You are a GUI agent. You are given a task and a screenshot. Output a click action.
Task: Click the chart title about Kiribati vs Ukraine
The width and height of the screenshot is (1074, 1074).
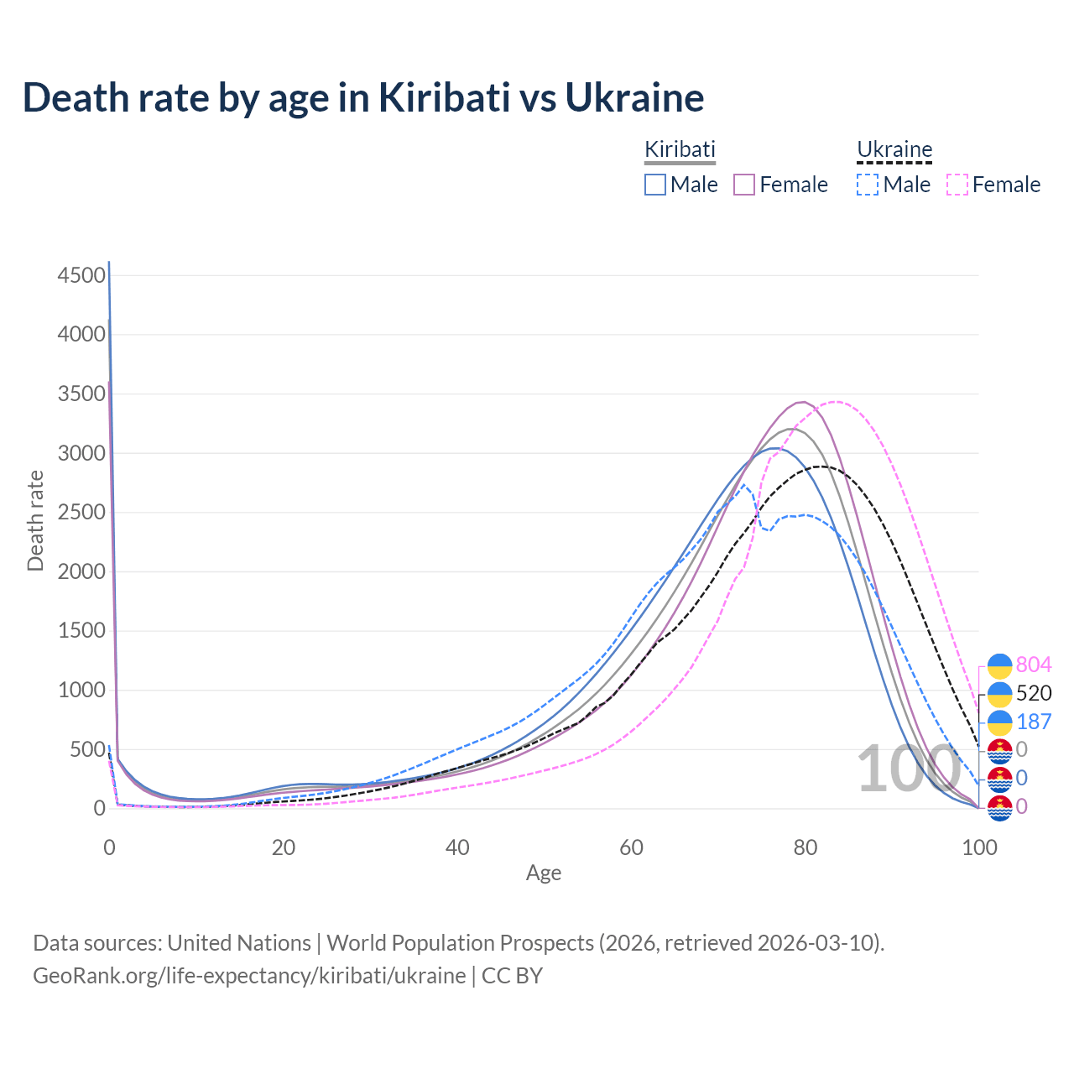(x=362, y=97)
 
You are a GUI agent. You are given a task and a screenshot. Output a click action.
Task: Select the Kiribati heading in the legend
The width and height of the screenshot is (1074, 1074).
(x=680, y=149)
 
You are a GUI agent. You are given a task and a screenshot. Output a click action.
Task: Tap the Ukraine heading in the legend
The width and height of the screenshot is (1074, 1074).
(x=894, y=149)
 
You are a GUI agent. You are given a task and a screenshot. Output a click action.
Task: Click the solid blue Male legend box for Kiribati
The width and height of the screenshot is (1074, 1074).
(x=655, y=185)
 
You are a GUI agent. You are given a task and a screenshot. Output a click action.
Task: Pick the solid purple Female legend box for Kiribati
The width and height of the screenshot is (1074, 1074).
(x=745, y=185)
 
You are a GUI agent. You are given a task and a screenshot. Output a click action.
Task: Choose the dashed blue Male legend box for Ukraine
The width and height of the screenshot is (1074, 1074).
(x=868, y=185)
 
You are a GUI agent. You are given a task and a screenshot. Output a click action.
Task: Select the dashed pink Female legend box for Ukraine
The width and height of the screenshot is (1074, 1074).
(x=957, y=185)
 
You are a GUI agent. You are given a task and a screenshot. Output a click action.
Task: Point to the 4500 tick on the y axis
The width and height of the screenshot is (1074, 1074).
(x=82, y=275)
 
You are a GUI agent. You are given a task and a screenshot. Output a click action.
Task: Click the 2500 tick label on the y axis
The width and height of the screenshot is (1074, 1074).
(x=82, y=513)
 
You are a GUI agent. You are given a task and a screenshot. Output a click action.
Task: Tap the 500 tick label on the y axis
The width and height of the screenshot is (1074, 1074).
(x=88, y=749)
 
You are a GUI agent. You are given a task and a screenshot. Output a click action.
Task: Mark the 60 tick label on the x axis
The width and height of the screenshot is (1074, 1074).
(x=632, y=847)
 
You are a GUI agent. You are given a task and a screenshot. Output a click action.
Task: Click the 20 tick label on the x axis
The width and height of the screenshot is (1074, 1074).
(x=284, y=847)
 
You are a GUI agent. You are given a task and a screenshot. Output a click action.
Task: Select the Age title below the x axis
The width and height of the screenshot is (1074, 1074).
(x=544, y=873)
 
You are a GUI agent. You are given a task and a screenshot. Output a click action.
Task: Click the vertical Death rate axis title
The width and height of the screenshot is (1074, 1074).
(x=35, y=520)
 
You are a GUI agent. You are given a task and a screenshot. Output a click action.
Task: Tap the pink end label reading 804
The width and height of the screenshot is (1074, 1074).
(x=1033, y=665)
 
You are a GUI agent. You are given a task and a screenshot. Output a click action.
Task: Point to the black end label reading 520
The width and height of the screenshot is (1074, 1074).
(x=1033, y=693)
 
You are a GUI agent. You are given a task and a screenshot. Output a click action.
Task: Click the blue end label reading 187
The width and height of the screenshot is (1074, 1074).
(x=1033, y=722)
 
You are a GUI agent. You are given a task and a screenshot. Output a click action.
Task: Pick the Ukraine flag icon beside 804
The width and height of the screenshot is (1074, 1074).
(x=999, y=665)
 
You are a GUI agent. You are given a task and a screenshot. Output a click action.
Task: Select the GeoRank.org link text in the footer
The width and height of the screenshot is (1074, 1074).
(x=249, y=976)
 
